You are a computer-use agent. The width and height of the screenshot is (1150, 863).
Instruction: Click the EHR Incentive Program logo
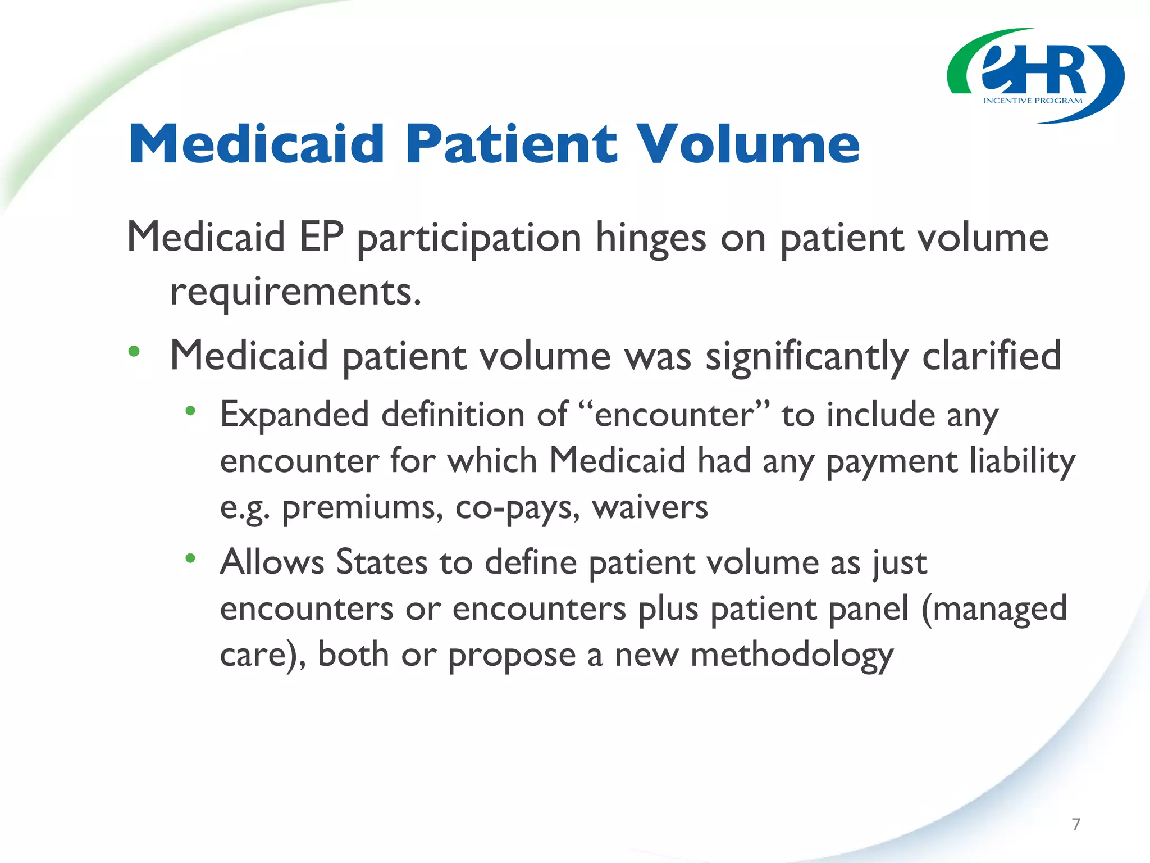(1035, 76)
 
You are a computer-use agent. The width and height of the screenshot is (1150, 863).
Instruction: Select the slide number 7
(1075, 824)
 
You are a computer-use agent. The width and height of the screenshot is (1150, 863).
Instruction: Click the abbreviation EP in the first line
(321, 237)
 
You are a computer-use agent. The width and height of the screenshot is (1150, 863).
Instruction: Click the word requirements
(295, 293)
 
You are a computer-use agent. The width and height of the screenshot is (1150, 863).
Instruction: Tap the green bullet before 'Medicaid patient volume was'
(134, 352)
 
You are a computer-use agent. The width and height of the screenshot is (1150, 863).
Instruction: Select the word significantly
(807, 357)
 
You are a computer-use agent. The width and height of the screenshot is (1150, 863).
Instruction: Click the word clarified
(992, 356)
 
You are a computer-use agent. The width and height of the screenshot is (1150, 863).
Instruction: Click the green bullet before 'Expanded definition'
(190, 411)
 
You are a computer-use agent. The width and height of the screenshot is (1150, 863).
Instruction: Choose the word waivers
(650, 507)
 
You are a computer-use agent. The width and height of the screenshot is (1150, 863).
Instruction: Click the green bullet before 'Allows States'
(190, 558)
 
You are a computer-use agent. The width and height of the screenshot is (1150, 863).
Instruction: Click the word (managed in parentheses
(994, 609)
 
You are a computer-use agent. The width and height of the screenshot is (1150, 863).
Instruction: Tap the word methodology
(792, 656)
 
